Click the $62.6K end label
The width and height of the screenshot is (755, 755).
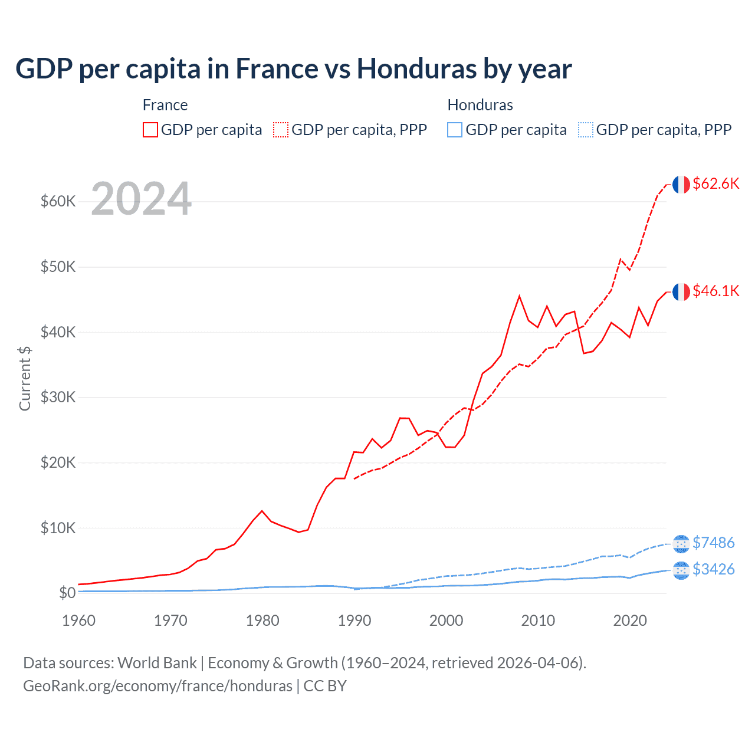pyautogui.click(x=715, y=183)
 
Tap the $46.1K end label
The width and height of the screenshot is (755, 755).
pyautogui.click(x=715, y=291)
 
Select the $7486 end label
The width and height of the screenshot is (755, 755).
pyautogui.click(x=713, y=543)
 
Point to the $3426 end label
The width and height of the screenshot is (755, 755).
pyautogui.click(x=713, y=569)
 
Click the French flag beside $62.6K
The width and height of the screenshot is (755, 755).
pyautogui.click(x=681, y=185)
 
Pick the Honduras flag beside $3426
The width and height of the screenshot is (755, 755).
pyautogui.click(x=681, y=570)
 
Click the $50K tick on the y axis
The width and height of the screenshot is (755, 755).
pyautogui.click(x=58, y=267)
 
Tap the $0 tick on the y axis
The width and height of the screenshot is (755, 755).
pyautogui.click(x=67, y=593)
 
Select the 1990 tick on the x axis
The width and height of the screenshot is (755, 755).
pyautogui.click(x=354, y=621)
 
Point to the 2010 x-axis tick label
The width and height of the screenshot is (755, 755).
pyautogui.click(x=538, y=621)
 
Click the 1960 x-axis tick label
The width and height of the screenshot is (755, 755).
pyautogui.click(x=78, y=621)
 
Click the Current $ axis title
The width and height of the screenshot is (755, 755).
pyautogui.click(x=25, y=379)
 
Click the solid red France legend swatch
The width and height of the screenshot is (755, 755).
pyautogui.click(x=150, y=130)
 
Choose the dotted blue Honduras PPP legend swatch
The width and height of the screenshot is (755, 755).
pyautogui.click(x=586, y=130)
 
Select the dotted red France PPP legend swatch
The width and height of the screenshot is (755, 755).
pyautogui.click(x=281, y=130)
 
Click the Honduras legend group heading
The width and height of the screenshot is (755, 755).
pyautogui.click(x=480, y=105)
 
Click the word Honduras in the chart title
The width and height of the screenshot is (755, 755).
pyautogui.click(x=416, y=68)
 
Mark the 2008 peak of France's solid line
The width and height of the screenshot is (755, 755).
pyautogui.click(x=519, y=296)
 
